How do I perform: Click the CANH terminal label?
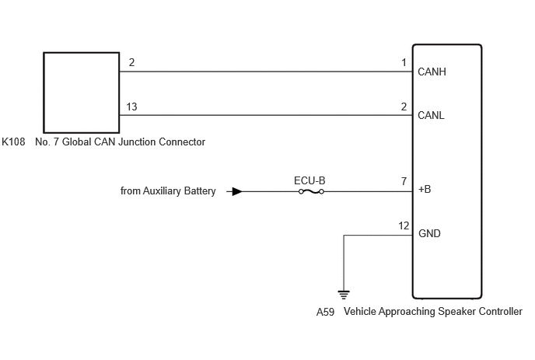(432, 72)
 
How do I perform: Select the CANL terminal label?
(431, 115)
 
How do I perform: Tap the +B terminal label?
(425, 189)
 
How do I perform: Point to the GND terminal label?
(429, 233)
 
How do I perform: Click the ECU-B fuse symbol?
(311, 192)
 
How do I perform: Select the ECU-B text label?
(309, 180)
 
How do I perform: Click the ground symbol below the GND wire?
(344, 295)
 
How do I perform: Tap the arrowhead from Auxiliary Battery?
(237, 191)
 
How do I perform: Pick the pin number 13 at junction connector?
(131, 107)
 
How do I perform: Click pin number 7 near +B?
(404, 181)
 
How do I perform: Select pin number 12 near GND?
(404, 226)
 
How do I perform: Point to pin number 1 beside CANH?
(404, 62)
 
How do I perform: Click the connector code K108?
(13, 142)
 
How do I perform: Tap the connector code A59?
(325, 312)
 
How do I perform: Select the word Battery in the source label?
(200, 190)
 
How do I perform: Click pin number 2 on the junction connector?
(131, 62)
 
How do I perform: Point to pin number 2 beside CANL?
(404, 107)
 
